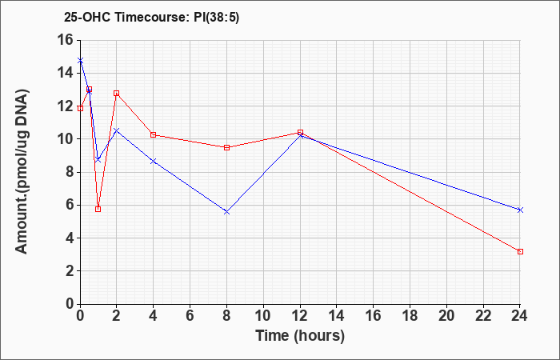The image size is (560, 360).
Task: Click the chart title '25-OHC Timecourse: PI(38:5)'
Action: coord(151,17)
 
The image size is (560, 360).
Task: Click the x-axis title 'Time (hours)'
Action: coord(300,336)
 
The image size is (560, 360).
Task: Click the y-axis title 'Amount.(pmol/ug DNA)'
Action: coord(22,171)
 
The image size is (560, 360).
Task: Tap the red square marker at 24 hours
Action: coord(520,252)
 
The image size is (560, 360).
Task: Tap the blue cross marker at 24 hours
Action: coord(520,210)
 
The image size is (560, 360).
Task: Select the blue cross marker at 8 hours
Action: coord(226,212)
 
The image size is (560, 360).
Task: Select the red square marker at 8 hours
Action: coord(226,147)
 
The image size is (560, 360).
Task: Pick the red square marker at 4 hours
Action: coord(154,134)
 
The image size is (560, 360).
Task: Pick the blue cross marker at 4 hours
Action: coord(154,161)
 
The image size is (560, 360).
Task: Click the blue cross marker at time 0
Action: coord(80,60)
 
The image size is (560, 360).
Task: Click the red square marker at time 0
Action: coord(80,108)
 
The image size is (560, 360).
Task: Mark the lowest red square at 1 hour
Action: coord(98,209)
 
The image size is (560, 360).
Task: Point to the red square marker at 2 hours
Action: coord(117,94)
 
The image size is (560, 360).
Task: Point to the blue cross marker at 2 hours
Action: coord(117,130)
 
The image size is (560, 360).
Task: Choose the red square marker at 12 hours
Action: coord(300,132)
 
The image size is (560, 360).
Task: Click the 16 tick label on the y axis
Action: coord(64,40)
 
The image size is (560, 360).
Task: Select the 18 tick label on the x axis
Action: coord(410,316)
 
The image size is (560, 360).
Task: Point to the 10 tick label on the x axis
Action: coord(263,316)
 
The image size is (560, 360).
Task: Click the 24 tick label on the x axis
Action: coord(520,316)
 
